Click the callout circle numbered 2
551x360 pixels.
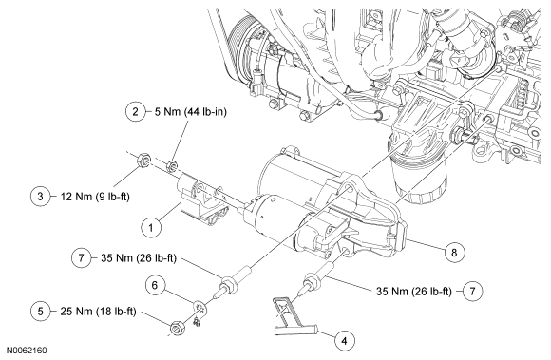[135, 112]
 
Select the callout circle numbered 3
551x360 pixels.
[41, 196]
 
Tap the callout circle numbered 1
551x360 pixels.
[151, 228]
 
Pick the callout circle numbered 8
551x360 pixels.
[454, 252]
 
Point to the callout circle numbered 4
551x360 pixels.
[344, 340]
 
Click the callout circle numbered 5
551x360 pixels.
[41, 312]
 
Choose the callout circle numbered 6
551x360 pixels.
[155, 285]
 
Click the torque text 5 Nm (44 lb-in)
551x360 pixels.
[191, 112]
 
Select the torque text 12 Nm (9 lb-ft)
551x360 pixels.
[95, 196]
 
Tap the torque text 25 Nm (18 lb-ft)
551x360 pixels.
[98, 312]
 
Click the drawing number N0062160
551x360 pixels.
[27, 351]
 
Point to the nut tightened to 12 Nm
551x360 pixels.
[143, 160]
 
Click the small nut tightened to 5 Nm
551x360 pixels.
[172, 165]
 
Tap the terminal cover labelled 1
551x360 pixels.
[202, 201]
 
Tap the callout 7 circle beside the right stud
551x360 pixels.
[472, 291]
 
